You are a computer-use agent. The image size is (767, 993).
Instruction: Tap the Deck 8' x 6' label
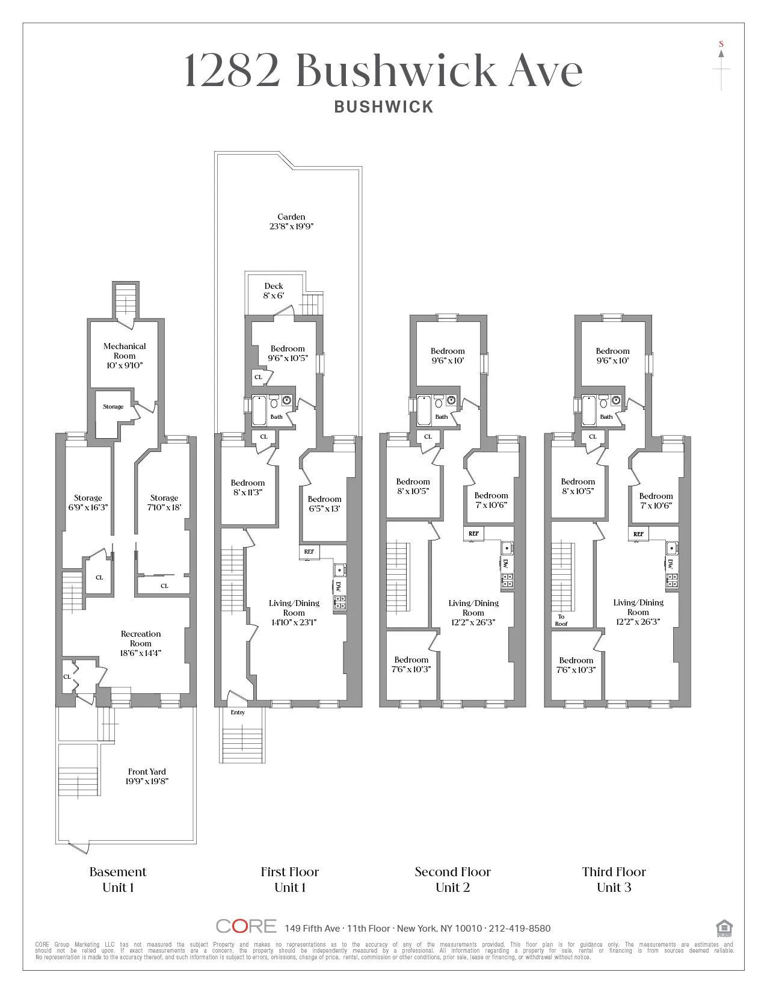(x=274, y=291)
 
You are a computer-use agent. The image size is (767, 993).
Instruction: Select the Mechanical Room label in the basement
(x=125, y=355)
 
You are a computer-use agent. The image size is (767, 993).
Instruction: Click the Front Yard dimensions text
(x=147, y=781)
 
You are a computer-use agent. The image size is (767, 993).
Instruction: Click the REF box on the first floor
(x=309, y=551)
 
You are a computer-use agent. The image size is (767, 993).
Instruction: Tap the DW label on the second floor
(x=505, y=563)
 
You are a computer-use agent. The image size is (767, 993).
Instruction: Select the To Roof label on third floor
(x=561, y=620)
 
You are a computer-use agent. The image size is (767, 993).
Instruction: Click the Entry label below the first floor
(x=238, y=713)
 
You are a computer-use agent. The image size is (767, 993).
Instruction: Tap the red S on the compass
(x=721, y=44)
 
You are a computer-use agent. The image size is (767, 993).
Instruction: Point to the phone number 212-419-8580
(x=520, y=929)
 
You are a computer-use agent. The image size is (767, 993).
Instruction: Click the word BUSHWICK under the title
(x=384, y=107)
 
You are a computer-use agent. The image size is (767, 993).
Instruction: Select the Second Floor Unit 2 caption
(x=452, y=879)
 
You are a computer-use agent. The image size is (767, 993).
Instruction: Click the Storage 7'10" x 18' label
(x=164, y=503)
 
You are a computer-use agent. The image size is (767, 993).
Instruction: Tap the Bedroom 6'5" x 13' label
(x=324, y=504)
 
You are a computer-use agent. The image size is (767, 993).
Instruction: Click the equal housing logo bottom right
(x=724, y=928)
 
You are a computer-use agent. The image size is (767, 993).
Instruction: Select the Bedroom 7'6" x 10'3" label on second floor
(x=411, y=664)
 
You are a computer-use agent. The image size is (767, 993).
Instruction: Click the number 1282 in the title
(x=232, y=70)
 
